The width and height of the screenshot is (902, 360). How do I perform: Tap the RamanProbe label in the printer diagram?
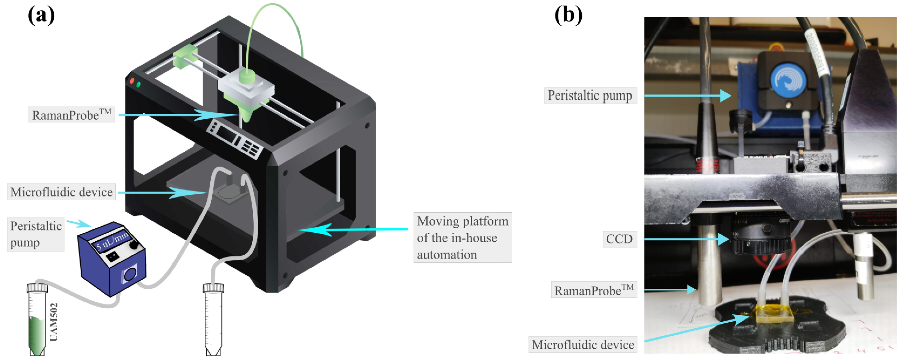pyautogui.click(x=71, y=115)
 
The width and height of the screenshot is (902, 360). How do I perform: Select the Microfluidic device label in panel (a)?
pyautogui.click(x=61, y=192)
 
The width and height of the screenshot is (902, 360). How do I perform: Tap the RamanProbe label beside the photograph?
pyautogui.click(x=594, y=290)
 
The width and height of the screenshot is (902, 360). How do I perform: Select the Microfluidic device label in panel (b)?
pyautogui.click(x=583, y=345)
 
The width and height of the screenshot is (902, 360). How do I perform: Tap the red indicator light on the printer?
pyautogui.click(x=132, y=81)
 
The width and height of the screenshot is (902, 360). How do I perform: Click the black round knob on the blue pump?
pyautogui.click(x=134, y=245)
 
